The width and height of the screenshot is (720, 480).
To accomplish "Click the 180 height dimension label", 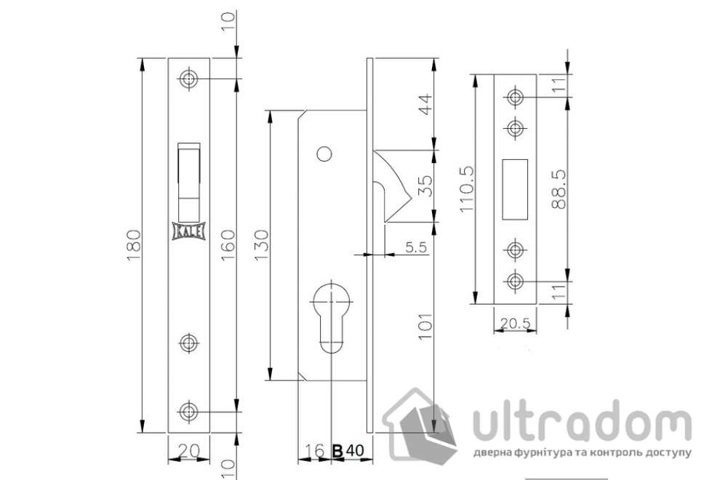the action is [x=134, y=245].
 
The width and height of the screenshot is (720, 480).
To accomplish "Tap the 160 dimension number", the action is [x=228, y=245].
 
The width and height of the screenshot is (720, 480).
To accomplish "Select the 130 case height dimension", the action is [x=262, y=245].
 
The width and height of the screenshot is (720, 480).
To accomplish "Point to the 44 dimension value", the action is [x=426, y=104].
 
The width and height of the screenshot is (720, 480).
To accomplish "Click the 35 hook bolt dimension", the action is [x=426, y=185].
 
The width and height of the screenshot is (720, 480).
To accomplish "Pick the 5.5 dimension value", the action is [x=416, y=247].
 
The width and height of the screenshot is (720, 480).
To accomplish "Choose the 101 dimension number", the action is [x=425, y=327].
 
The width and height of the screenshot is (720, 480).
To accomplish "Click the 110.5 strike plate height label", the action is [x=466, y=189].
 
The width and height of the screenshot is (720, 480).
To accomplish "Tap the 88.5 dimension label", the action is [x=559, y=190].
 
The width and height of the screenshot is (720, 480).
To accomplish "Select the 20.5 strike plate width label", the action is [x=515, y=324].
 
